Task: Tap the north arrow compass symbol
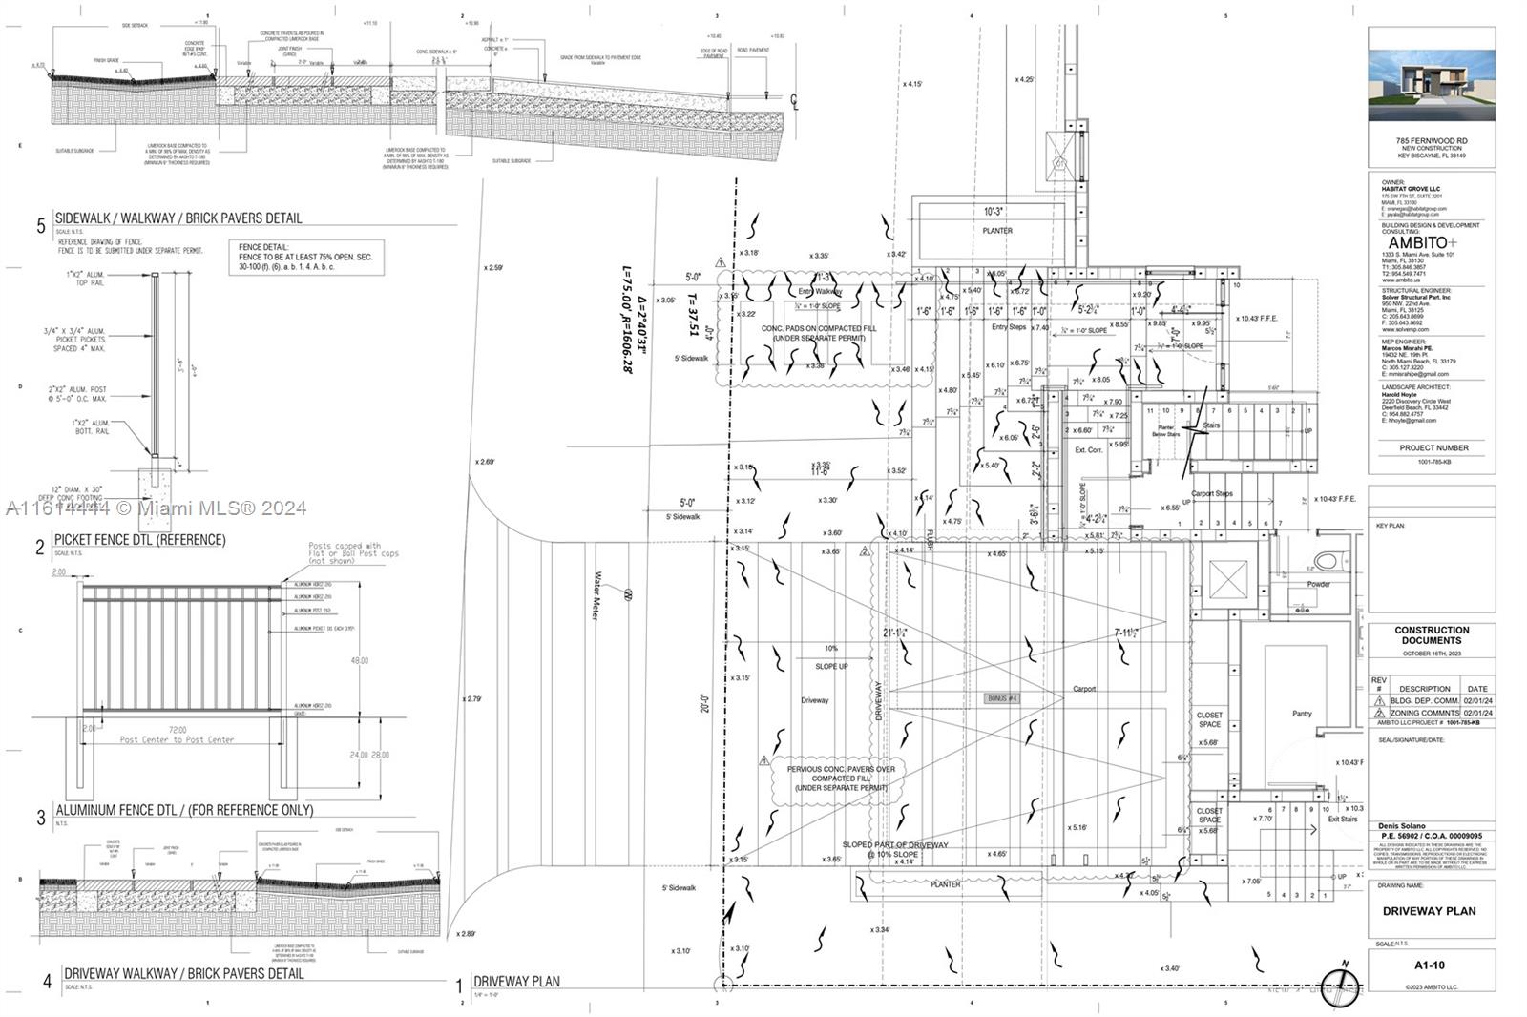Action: click(1339, 985)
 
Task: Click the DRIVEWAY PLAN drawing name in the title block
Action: click(1429, 911)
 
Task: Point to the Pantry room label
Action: click(1302, 714)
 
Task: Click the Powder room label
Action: click(1318, 584)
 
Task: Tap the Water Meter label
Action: click(597, 596)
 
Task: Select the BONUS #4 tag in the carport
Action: click(1002, 698)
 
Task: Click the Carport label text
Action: click(1084, 689)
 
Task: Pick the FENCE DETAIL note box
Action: click(310, 258)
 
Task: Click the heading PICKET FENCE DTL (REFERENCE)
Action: click(139, 540)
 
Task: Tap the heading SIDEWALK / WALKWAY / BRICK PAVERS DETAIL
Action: click(178, 218)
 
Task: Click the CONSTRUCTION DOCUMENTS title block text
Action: click(1432, 635)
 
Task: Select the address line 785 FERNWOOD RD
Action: click(1431, 141)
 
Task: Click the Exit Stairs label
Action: click(1342, 820)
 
